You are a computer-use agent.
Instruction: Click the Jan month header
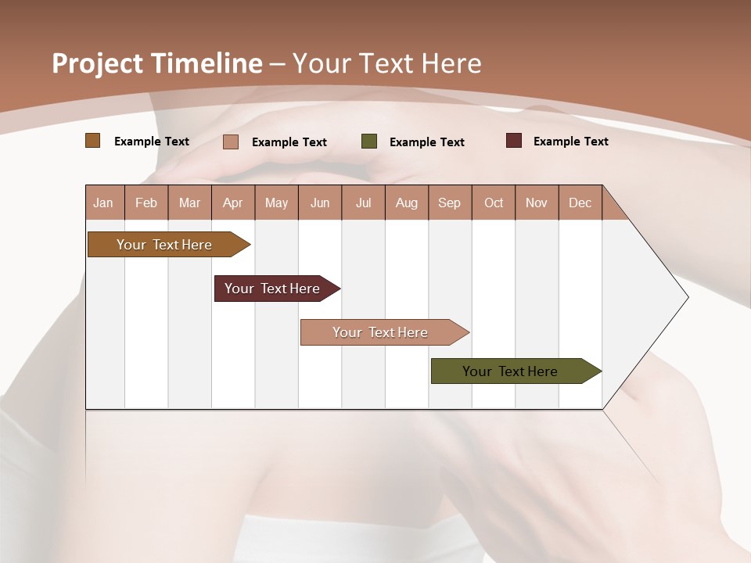[x=104, y=203]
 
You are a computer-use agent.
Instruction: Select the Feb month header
[x=146, y=203]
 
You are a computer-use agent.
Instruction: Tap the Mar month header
[x=189, y=203]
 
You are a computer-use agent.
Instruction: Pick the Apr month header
[x=233, y=203]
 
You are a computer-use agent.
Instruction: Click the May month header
[x=276, y=203]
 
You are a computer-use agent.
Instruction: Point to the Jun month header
[x=320, y=203]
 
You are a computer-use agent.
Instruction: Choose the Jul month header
[x=363, y=203]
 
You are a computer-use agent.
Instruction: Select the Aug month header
[x=407, y=203]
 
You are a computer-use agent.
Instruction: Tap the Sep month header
[x=450, y=203]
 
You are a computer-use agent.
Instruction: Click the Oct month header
[x=494, y=203]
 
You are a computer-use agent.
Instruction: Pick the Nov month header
[x=537, y=203]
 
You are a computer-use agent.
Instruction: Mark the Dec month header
[x=580, y=203]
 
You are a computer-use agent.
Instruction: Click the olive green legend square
[x=369, y=142]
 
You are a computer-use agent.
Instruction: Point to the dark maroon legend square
[x=514, y=141]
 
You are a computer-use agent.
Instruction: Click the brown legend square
[x=93, y=141]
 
